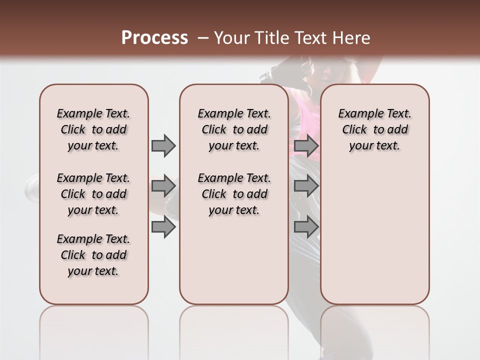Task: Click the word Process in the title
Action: pos(154,38)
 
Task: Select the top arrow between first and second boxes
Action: pos(163,146)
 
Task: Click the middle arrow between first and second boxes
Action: pos(163,186)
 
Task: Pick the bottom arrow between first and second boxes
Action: pos(163,227)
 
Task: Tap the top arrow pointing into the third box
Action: pos(306,146)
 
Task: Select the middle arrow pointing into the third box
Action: pos(306,186)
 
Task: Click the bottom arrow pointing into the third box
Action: pos(306,227)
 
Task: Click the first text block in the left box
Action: pos(93,129)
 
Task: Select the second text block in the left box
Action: pos(93,194)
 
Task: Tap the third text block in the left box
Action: pos(93,255)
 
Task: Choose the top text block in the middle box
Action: pos(234,129)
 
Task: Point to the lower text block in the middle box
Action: pos(234,194)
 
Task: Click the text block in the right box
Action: pos(374,129)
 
